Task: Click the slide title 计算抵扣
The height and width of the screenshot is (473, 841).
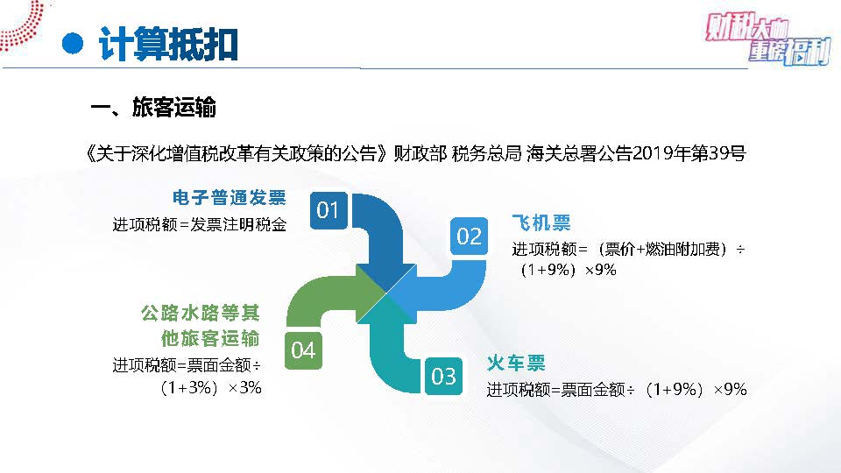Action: [x=168, y=44]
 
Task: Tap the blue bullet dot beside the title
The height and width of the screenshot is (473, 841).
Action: [x=73, y=44]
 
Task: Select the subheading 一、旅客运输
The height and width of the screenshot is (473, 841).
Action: [x=152, y=107]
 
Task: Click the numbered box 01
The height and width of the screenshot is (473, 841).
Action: [x=329, y=210]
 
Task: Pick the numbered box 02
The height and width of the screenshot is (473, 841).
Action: [x=469, y=236]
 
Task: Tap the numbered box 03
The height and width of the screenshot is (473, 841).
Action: [x=443, y=376]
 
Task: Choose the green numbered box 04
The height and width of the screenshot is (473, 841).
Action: [x=303, y=350]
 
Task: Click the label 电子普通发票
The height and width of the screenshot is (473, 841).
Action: [x=229, y=197]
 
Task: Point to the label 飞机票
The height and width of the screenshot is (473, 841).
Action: [x=541, y=222]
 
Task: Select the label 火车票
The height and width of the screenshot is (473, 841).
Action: [x=516, y=363]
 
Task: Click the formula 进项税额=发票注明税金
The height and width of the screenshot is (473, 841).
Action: [x=200, y=224]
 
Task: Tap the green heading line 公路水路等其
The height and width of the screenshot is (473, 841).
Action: [x=200, y=313]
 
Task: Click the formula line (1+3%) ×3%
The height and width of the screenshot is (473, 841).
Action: [x=210, y=387]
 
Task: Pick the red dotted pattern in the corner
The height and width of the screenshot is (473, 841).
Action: [x=21, y=25]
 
